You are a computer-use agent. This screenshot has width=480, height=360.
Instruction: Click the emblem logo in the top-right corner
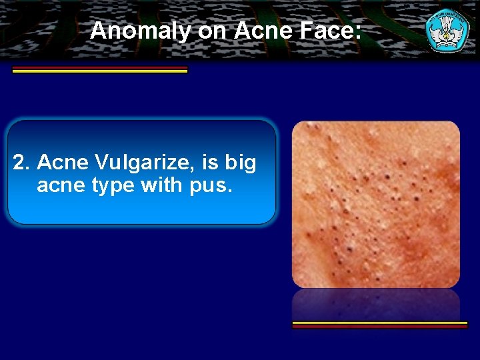[447, 29]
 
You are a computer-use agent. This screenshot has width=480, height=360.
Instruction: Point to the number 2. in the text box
[22, 162]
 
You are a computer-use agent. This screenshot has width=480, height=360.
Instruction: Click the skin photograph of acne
[376, 204]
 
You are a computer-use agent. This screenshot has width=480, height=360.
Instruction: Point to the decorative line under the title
[100, 70]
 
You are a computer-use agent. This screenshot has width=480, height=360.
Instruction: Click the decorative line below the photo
[380, 325]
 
